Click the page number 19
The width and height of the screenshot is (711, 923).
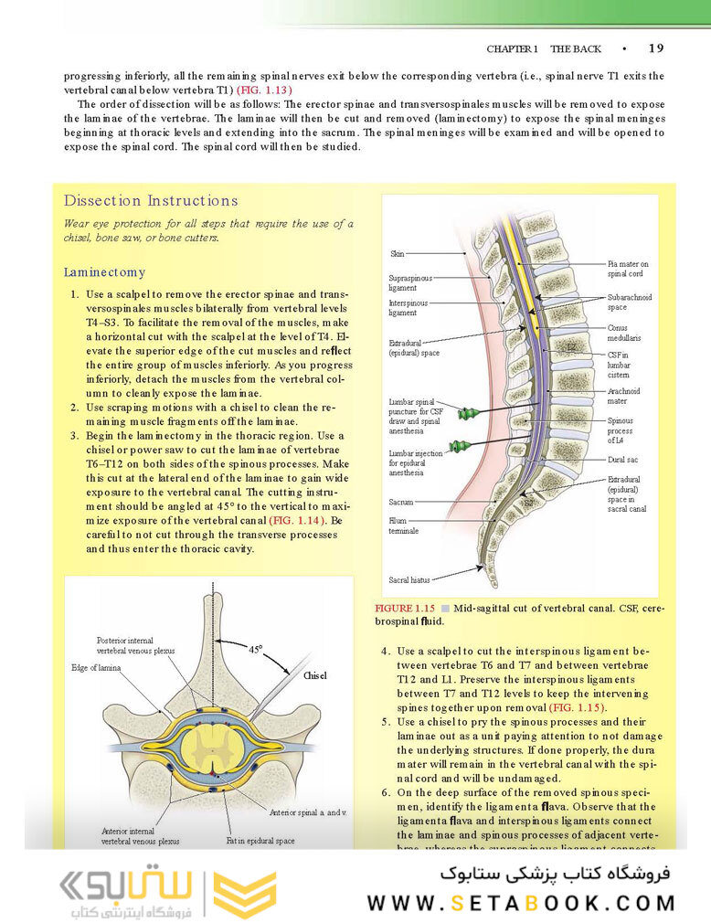656,48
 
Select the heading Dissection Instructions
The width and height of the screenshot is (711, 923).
151,201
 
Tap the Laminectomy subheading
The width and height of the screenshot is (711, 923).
104,272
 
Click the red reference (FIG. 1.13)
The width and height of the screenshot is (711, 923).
264,90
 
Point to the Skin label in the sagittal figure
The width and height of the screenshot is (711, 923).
398,254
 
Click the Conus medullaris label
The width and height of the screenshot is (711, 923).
624,333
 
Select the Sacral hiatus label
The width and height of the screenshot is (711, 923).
409,579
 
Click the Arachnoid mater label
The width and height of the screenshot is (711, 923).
624,395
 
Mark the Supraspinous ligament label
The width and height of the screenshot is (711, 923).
410,281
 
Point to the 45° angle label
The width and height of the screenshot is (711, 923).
255,650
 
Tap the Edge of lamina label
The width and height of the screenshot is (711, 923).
100,668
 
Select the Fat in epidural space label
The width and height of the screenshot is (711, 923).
260,840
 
